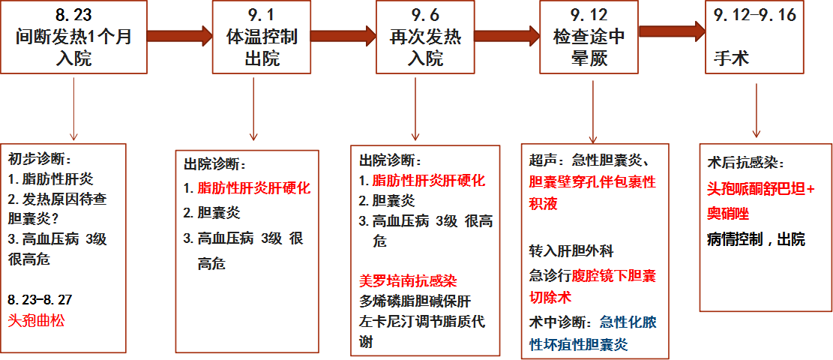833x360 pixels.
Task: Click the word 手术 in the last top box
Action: click(x=730, y=58)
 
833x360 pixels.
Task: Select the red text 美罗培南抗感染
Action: click(x=408, y=281)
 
